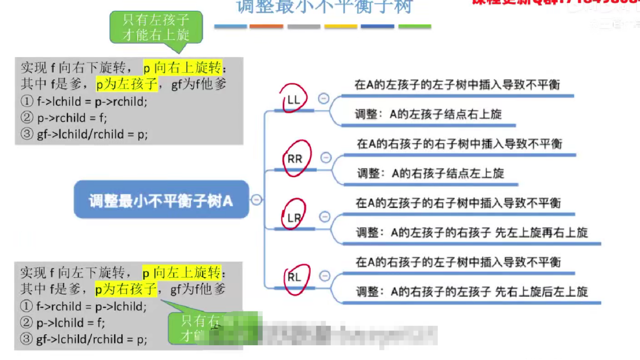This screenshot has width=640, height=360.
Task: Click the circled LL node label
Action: tap(294, 99)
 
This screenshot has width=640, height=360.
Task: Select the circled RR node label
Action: tap(295, 159)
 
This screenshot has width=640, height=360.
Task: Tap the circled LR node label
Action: tap(294, 218)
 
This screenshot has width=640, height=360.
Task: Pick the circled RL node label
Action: tap(294, 278)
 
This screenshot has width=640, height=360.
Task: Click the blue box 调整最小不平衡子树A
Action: tap(161, 201)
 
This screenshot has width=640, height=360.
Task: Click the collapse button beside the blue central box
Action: tap(257, 199)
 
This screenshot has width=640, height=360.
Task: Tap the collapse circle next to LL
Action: tap(323, 99)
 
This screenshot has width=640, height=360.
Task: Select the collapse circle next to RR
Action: tap(326, 158)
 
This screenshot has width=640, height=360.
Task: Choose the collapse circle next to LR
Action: tap(325, 217)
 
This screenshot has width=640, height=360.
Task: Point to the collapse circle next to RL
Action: tap(325, 277)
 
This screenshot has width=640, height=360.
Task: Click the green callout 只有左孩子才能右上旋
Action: tap(156, 27)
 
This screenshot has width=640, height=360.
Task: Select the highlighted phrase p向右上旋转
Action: tap(182, 68)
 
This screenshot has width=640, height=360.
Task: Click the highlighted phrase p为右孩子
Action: tap(126, 289)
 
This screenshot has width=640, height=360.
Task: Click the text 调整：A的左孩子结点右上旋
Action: tap(428, 114)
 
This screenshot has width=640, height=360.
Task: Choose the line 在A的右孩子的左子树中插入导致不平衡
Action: tap(458, 262)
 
